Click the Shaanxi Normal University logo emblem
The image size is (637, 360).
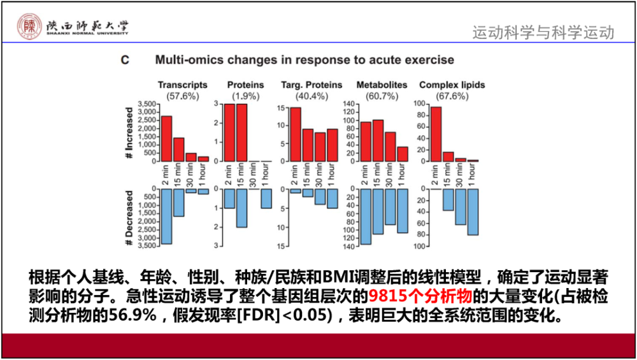[x=28, y=25]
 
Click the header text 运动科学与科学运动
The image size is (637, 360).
[x=543, y=32]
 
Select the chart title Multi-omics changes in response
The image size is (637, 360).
[x=304, y=60]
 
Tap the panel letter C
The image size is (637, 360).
[x=125, y=60]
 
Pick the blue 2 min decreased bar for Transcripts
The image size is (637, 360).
[x=166, y=216]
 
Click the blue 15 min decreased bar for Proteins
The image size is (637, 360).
[x=241, y=208]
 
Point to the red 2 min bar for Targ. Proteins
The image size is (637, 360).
[x=296, y=134]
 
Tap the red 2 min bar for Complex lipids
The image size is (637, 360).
[x=436, y=134]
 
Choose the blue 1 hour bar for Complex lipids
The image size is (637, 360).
[x=473, y=212]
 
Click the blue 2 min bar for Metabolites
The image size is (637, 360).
[x=366, y=217]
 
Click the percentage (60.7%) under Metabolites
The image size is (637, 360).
[x=381, y=96]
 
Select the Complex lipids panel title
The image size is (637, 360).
[x=452, y=85]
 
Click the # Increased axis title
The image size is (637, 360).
[x=129, y=133]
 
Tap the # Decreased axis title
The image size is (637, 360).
[x=129, y=218]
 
